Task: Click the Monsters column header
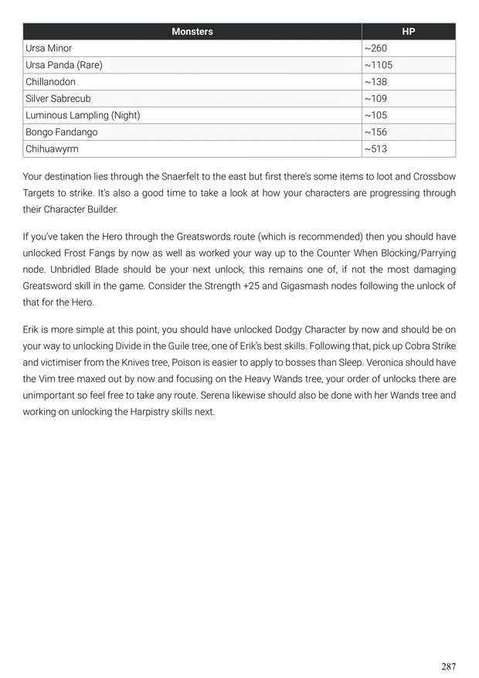(192, 32)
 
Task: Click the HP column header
(408, 32)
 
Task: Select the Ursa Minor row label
(49, 48)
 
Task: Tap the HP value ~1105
(379, 65)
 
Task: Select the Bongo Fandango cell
(62, 132)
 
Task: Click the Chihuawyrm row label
(52, 149)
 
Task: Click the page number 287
(448, 666)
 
